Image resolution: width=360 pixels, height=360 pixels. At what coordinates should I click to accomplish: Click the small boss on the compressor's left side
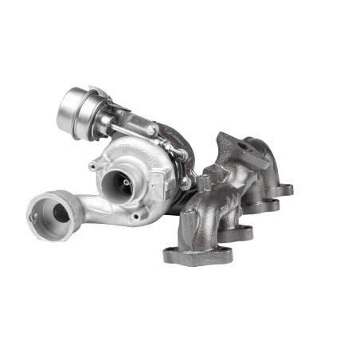[93, 166]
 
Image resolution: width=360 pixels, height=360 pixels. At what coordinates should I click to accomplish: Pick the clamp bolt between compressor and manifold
[185, 184]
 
